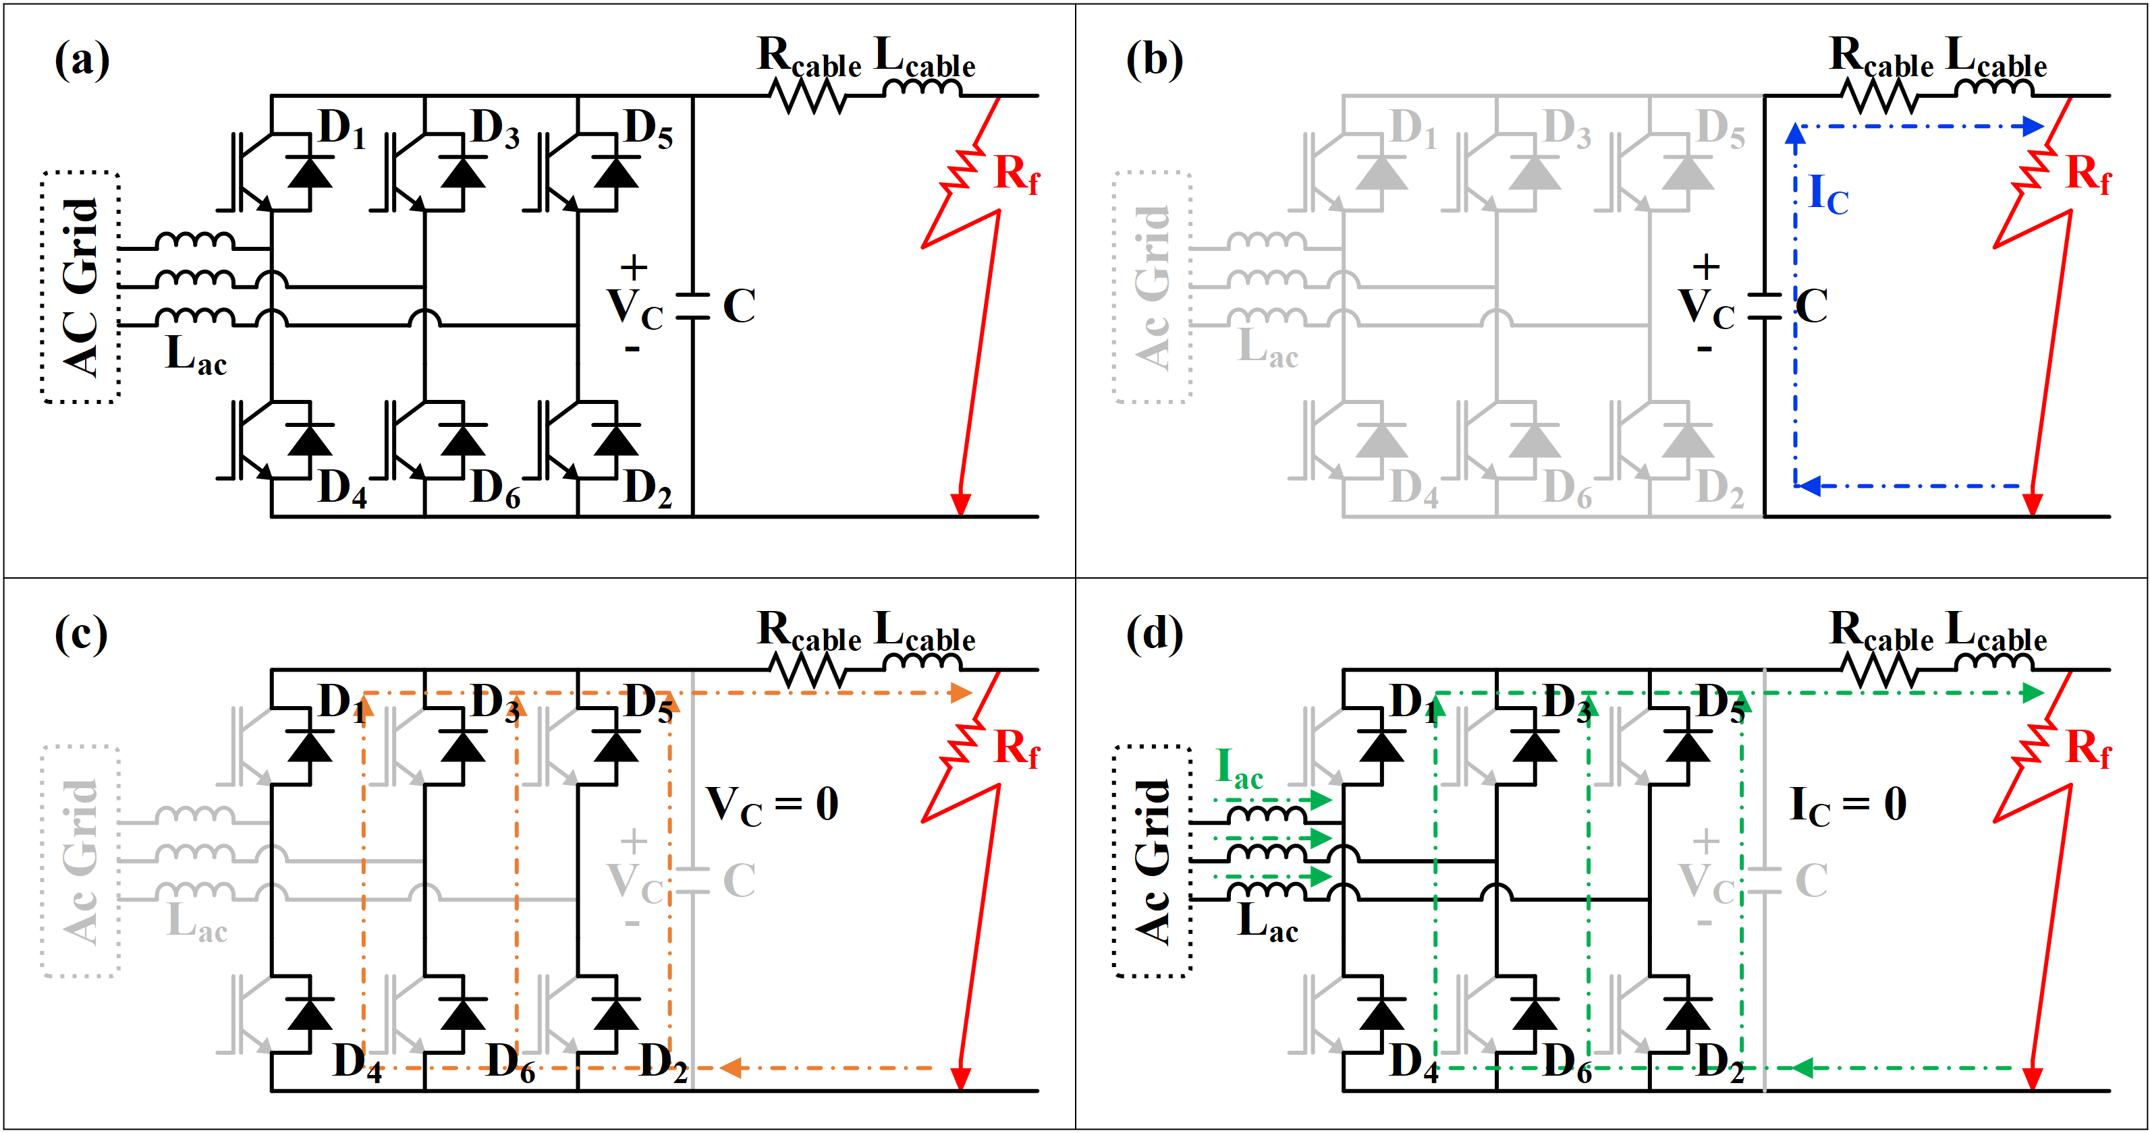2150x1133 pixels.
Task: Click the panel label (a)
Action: click(82, 60)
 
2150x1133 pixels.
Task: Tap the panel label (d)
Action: click(1154, 634)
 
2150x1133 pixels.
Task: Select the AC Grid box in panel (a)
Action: click(81, 287)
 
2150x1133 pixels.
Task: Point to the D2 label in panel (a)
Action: click(648, 488)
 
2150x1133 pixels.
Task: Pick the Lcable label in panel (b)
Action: click(1995, 57)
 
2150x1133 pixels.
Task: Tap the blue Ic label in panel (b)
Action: click(1828, 194)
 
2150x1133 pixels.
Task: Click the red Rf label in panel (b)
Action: click(2087, 175)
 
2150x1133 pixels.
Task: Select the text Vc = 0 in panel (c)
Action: click(772, 805)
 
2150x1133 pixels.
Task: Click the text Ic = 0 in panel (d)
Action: click(1848, 805)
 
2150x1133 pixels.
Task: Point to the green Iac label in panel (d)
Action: click(1240, 767)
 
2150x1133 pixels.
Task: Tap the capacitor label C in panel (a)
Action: click(740, 306)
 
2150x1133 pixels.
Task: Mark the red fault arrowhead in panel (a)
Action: click(961, 504)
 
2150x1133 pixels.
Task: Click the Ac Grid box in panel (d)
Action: click(1153, 861)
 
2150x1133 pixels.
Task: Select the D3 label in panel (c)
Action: click(495, 703)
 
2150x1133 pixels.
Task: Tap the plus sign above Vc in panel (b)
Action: click(1705, 267)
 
